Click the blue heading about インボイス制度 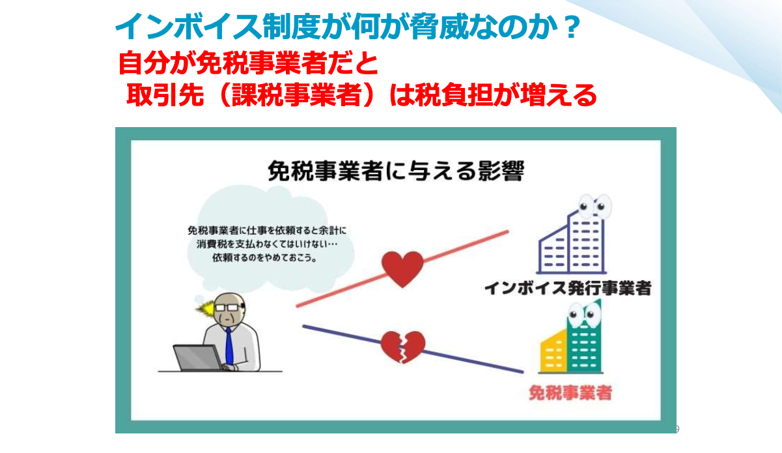[348, 27]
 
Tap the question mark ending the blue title [570, 27]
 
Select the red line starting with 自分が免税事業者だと [248, 63]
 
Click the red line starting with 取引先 [361, 95]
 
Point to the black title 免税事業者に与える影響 [396, 171]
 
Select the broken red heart [403, 347]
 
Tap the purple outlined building [572, 241]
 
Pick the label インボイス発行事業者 [568, 288]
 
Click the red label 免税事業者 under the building [570, 392]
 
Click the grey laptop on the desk [197, 358]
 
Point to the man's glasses [227, 308]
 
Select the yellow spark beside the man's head [205, 308]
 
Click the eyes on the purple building [593, 205]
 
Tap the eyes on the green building [583, 314]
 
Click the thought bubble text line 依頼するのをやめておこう [264, 258]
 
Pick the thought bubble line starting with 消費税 [267, 244]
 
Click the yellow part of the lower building [553, 351]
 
